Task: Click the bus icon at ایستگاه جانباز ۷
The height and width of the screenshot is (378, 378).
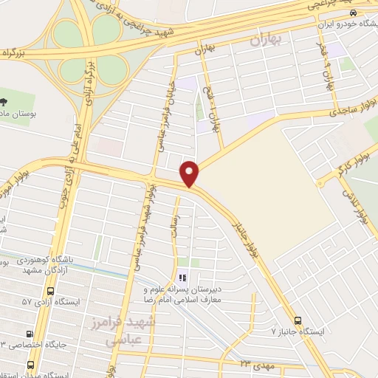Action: [x=298, y=320]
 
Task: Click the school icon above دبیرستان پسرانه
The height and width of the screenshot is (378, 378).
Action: [x=182, y=278]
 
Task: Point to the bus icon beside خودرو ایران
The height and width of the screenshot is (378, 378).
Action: [x=354, y=13]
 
